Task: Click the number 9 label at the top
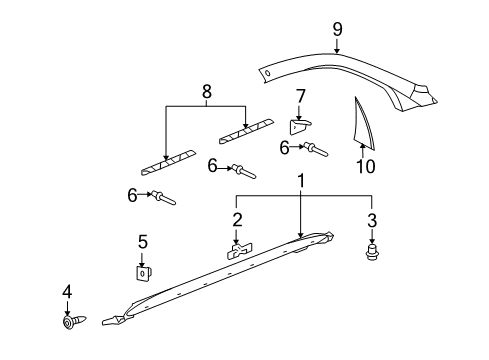(337, 30)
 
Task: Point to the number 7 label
(299, 96)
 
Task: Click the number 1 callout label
(301, 180)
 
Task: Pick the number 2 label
(237, 219)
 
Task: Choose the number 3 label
(372, 219)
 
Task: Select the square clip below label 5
(144, 271)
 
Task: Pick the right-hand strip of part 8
(245, 127)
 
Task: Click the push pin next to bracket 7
(318, 150)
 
